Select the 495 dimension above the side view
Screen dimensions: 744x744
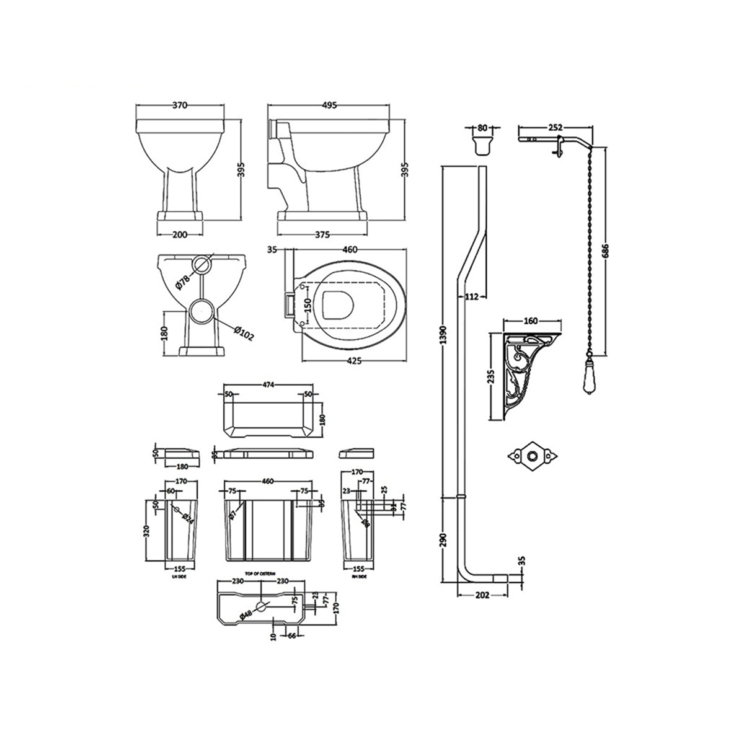(329, 106)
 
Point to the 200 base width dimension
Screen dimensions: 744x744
(179, 234)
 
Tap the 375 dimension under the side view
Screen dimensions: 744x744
(322, 234)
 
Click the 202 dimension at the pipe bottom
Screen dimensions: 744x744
(482, 595)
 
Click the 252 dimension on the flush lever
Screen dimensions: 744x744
(555, 127)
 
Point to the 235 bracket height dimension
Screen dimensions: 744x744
(492, 376)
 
